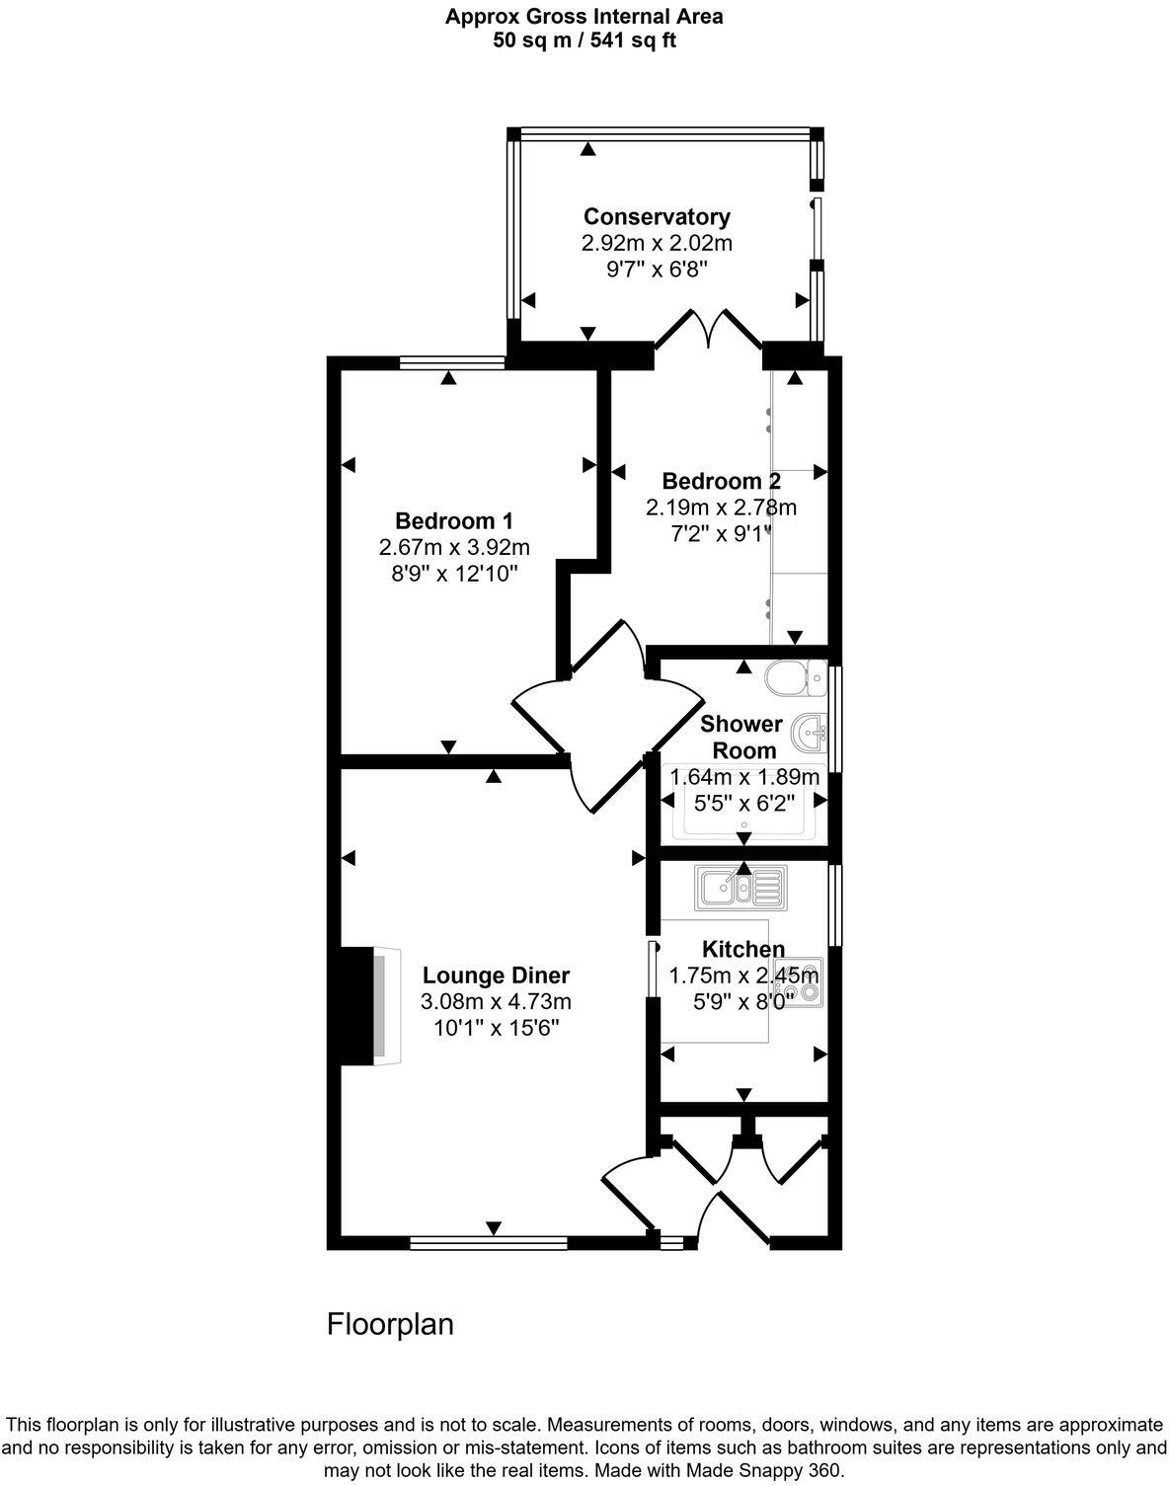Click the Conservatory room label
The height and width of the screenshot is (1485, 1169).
657,216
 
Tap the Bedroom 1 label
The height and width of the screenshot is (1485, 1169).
454,520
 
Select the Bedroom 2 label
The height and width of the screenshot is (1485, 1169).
721,481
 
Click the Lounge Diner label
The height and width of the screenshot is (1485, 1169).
497,976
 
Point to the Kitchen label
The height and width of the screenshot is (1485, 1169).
742,949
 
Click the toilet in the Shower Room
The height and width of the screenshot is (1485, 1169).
795,676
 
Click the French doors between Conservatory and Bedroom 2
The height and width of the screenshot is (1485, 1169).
709,330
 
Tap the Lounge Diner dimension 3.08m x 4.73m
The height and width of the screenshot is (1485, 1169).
497,1001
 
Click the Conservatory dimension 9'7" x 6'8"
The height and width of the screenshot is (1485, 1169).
657,268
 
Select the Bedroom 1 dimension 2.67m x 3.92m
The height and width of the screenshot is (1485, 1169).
454,546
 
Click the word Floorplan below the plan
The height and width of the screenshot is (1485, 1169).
390,1323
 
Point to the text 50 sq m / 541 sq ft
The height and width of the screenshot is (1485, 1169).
584,40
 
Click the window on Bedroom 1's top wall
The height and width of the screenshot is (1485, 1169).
452,363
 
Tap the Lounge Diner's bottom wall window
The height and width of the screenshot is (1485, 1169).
488,1243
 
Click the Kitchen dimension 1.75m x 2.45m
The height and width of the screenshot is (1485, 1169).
743,976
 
